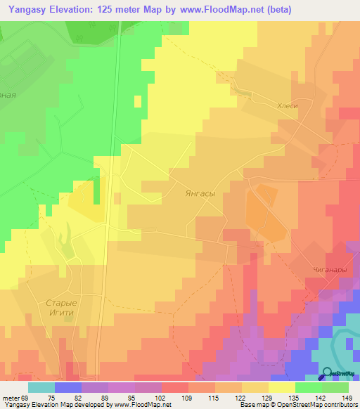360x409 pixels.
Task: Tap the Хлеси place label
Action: [x=288, y=105]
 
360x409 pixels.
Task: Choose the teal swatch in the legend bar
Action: [x=41, y=387]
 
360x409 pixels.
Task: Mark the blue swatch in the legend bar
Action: [x=68, y=387]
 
